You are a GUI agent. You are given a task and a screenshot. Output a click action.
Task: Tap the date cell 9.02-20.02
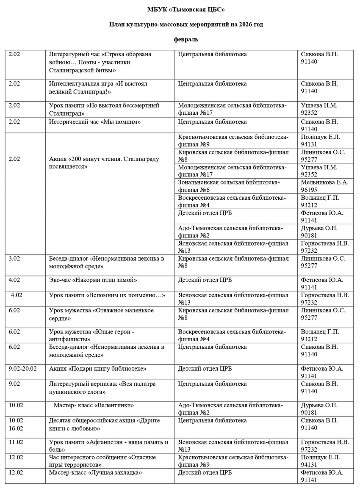23,369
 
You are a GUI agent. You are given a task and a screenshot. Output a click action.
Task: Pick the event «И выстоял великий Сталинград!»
98,88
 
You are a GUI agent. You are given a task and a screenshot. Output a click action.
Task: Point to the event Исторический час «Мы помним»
95,122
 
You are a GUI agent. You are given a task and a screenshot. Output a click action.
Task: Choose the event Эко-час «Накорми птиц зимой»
93,280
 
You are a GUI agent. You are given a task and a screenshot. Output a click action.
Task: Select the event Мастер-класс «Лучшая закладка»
95,472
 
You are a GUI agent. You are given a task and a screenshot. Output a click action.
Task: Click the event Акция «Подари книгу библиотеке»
98,369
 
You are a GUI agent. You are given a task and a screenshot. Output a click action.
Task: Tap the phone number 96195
309,190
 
